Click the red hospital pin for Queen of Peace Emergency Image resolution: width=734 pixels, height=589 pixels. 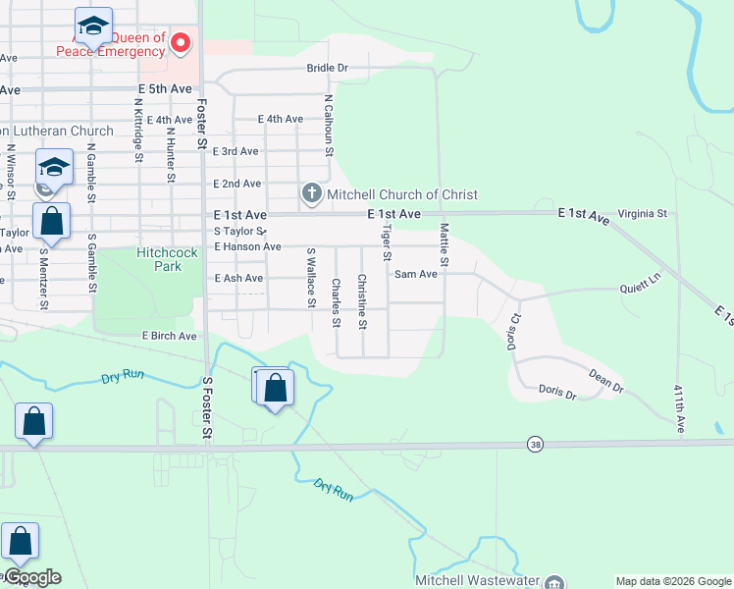(x=181, y=42)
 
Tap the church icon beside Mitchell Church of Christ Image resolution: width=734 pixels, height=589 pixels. (x=311, y=193)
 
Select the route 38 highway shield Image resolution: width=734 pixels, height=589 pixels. (x=534, y=444)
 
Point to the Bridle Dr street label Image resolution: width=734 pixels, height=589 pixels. (x=328, y=68)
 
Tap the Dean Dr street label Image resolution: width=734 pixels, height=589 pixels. (x=605, y=381)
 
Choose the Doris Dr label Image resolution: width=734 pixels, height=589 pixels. (x=557, y=391)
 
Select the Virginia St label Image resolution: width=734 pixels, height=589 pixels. (x=642, y=213)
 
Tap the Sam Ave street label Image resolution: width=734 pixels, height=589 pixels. (x=415, y=275)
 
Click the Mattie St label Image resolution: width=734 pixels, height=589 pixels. (x=444, y=245)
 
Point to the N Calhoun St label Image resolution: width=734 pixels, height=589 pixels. (x=329, y=126)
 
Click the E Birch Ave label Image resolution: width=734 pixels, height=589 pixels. (x=169, y=336)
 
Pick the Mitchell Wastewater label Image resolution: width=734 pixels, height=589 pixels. (x=480, y=580)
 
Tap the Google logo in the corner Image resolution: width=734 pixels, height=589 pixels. (x=31, y=577)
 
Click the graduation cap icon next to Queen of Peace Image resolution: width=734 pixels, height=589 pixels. (x=93, y=26)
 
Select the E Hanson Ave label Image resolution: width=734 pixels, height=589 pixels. (x=247, y=246)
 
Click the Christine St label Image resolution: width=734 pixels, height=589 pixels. (x=362, y=302)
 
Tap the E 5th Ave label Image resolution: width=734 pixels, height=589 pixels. (x=165, y=88)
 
